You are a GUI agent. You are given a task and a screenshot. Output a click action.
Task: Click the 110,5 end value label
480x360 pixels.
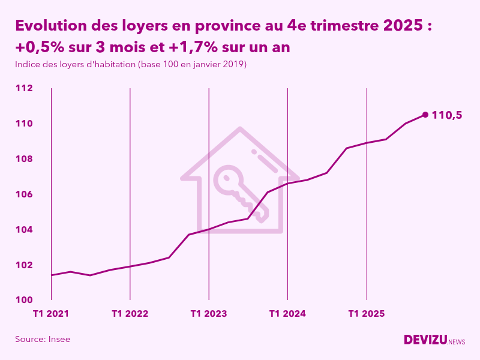tap(447, 115)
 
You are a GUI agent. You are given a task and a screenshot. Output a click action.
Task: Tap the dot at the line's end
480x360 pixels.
tap(425, 115)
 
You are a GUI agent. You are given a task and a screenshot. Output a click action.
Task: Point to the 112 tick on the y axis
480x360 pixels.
tap(24, 88)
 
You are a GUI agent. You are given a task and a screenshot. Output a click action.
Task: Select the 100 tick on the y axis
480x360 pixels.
tap(24, 300)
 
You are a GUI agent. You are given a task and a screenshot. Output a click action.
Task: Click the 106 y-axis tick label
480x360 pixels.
tap(24, 194)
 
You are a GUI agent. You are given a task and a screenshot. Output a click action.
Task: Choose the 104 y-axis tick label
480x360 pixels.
tap(24, 230)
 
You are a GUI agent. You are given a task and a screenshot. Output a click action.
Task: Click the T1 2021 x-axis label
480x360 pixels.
tap(51, 313)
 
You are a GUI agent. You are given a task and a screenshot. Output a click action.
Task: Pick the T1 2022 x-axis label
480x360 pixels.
tap(130, 313)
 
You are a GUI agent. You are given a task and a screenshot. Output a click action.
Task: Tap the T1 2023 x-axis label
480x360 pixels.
tap(209, 313)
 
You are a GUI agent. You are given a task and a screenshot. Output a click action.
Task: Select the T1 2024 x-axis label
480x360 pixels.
tap(287, 313)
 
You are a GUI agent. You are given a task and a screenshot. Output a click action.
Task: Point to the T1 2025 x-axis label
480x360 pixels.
tap(367, 313)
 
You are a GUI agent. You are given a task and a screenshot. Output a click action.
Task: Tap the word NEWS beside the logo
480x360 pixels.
tap(457, 342)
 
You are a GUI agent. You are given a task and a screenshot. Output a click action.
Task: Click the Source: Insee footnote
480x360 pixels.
tap(43, 339)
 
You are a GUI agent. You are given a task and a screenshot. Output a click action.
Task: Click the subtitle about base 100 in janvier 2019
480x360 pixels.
tap(131, 64)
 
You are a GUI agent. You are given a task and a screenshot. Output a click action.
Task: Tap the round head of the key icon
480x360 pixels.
tap(229, 178)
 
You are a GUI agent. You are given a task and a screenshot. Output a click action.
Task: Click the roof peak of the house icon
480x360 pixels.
tap(240, 129)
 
